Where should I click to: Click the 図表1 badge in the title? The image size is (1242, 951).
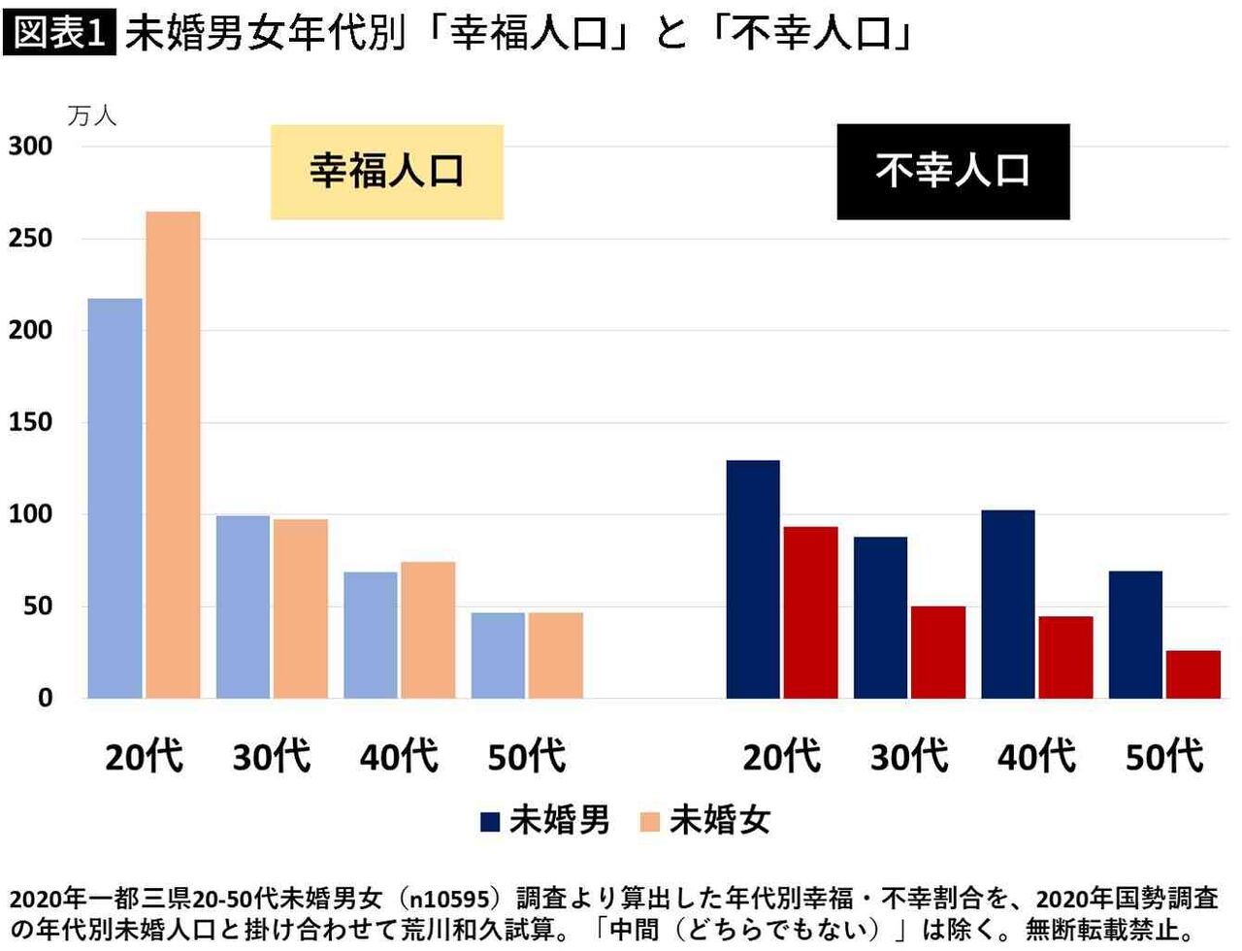[58, 32]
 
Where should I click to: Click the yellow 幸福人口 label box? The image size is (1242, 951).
[386, 172]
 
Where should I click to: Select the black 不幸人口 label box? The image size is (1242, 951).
[953, 172]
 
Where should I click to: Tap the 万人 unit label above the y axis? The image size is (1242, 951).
[92, 116]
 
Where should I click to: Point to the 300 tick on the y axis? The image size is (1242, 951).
[31, 147]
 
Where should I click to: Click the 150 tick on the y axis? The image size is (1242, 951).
[31, 422]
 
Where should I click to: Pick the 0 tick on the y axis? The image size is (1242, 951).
[45, 698]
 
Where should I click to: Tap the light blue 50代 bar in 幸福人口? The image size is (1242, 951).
[498, 655]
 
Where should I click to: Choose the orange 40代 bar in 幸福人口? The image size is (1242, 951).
[428, 630]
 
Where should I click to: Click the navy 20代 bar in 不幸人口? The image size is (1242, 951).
[753, 579]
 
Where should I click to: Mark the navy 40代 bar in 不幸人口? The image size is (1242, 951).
[1008, 604]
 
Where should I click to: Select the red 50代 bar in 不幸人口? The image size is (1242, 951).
[1193, 674]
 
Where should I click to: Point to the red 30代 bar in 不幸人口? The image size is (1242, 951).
[938, 652]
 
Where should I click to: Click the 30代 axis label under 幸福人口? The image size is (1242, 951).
[272, 756]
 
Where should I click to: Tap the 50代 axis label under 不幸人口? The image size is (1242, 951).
[1164, 756]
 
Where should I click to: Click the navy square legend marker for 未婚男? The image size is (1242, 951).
[490, 822]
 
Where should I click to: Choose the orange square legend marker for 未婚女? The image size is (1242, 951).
[650, 822]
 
